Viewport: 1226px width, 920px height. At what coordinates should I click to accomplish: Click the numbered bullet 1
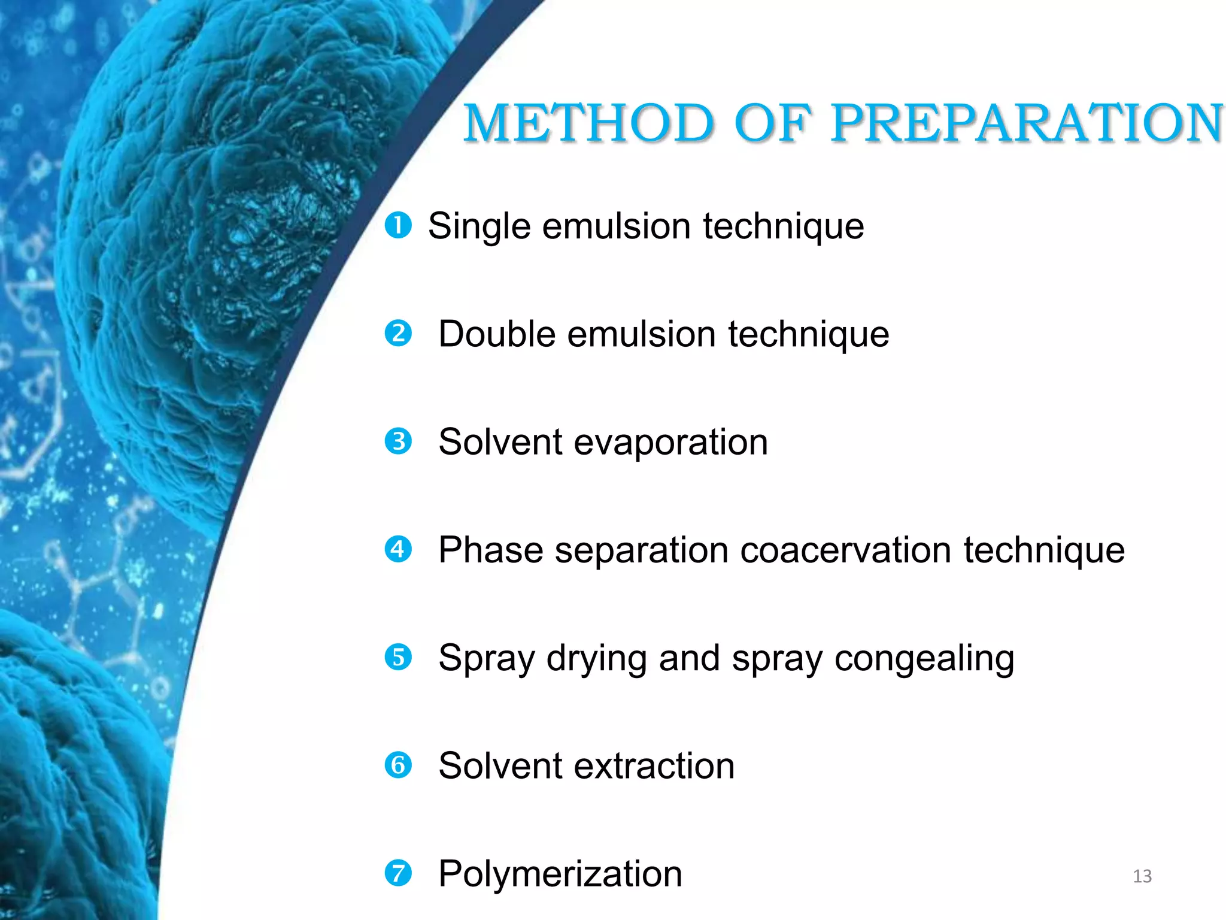tap(398, 226)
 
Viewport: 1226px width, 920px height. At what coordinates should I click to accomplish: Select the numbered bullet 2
tap(398, 334)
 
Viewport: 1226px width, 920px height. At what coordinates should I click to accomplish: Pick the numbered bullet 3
tap(398, 441)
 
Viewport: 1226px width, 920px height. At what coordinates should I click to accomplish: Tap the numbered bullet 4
tap(398, 549)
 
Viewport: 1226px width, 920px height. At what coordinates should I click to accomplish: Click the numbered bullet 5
tap(398, 657)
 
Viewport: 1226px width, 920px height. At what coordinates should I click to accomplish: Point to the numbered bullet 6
tap(398, 765)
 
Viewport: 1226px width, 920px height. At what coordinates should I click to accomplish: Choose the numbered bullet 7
tap(398, 873)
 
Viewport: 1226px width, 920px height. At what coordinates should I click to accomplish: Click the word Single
tap(480, 228)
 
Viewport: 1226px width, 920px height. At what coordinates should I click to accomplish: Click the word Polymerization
tap(560, 874)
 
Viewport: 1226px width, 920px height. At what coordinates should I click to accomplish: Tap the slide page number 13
tap(1142, 876)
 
